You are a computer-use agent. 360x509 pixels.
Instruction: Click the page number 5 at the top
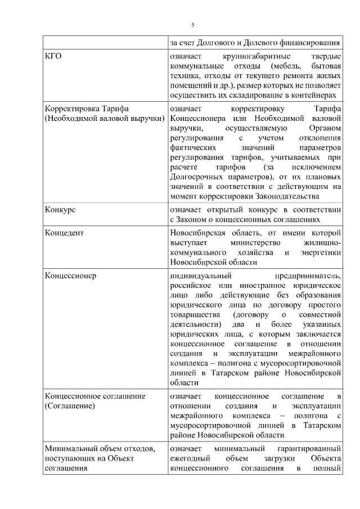pos(193,25)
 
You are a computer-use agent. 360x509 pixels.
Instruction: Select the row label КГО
pos(53,57)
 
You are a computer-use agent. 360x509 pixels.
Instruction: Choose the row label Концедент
pos(64,232)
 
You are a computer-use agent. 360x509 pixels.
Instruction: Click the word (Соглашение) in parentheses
pos(70,406)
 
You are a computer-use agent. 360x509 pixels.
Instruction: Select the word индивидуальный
pos(201,276)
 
